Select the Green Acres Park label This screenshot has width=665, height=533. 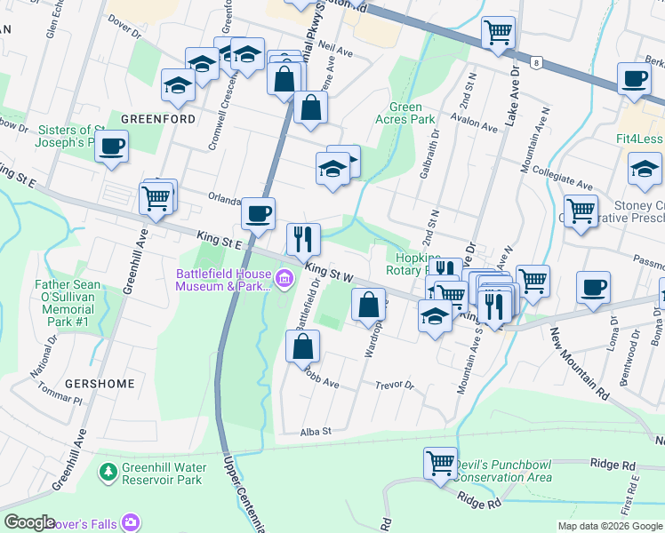412,113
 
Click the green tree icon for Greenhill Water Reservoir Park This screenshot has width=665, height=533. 108,469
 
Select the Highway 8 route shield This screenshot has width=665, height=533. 537,62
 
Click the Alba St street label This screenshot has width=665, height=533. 315,431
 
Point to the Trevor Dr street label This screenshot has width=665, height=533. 395,386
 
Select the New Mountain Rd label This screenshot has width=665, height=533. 579,364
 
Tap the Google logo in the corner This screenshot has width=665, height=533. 29,522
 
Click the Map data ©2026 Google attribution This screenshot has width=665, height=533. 609,526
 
